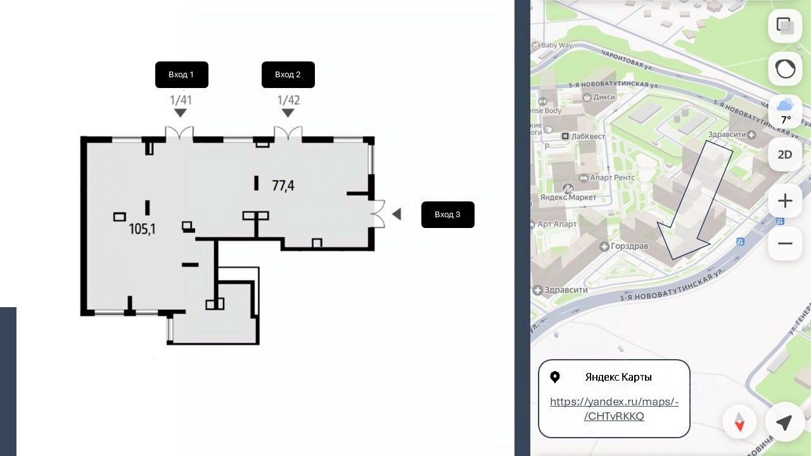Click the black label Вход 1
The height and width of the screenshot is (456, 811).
[x=181, y=75]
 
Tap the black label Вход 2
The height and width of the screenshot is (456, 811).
[x=288, y=75]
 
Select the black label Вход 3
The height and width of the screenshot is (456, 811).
[x=447, y=215]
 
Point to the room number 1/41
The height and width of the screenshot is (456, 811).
[x=181, y=100]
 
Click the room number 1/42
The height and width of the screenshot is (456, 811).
[x=288, y=100]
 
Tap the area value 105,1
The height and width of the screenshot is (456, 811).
[x=143, y=229]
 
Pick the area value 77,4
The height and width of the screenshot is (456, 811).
[x=283, y=186]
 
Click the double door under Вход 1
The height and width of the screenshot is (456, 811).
[x=179, y=134]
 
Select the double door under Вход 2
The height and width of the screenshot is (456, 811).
[x=288, y=134]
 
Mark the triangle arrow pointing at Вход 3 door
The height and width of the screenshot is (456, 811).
[x=397, y=214]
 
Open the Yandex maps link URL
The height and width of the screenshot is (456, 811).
[x=614, y=408]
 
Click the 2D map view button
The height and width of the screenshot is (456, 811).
[x=785, y=155]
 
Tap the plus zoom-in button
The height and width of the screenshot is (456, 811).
[x=785, y=201]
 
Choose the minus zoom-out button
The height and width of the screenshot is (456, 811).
[x=785, y=244]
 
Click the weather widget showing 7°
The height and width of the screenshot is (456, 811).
[x=785, y=111]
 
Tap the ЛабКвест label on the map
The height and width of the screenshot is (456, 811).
[x=587, y=136]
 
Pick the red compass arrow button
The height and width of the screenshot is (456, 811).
[x=739, y=422]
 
